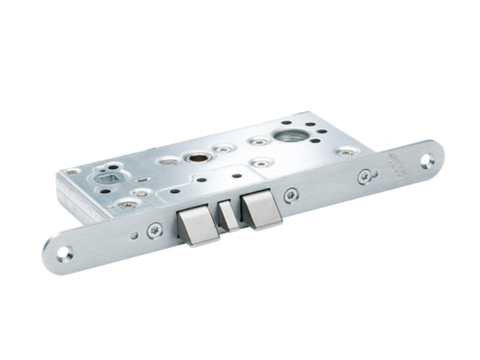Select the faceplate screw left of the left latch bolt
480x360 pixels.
tap(155, 229)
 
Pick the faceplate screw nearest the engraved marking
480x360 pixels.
tap(364, 176)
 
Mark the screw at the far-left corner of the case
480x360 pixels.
tap(72, 172)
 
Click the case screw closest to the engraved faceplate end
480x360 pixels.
tap(346, 151)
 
